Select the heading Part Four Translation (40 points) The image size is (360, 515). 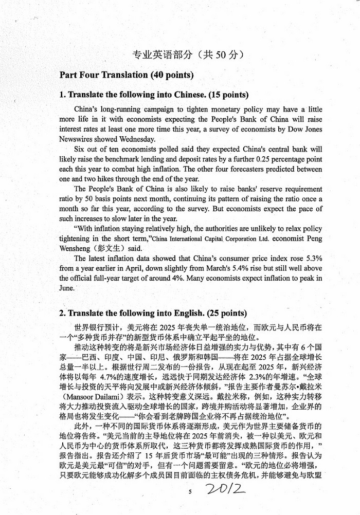point(127,75)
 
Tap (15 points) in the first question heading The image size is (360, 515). point(211,95)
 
